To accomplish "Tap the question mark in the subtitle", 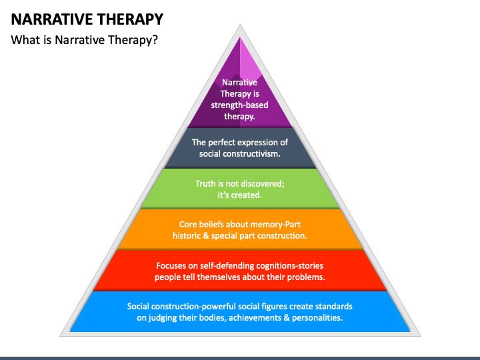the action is (155, 40).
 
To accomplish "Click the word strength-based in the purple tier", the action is (239, 105).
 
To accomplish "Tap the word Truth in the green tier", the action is (206, 184).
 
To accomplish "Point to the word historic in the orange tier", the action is (187, 236).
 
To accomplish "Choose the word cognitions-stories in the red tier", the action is (289, 266).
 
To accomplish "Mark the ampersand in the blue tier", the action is (287, 318).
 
